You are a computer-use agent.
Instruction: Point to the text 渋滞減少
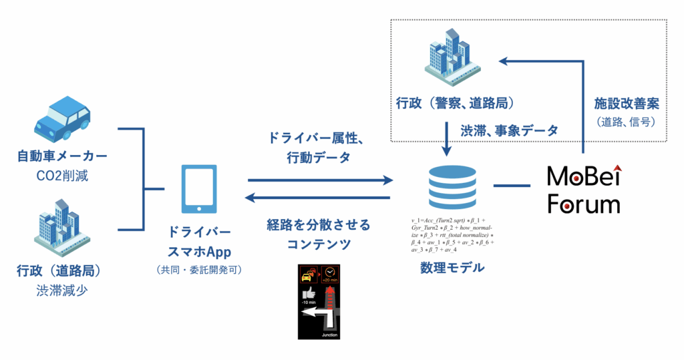pyautogui.click(x=62, y=291)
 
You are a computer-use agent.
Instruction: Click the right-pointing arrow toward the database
pyautogui.click(x=320, y=180)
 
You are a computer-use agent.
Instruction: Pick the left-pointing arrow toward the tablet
pyautogui.click(x=317, y=198)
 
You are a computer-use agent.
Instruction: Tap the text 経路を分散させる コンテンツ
pyautogui.click(x=319, y=233)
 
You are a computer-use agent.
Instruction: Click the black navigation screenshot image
pyautogui.click(x=319, y=301)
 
